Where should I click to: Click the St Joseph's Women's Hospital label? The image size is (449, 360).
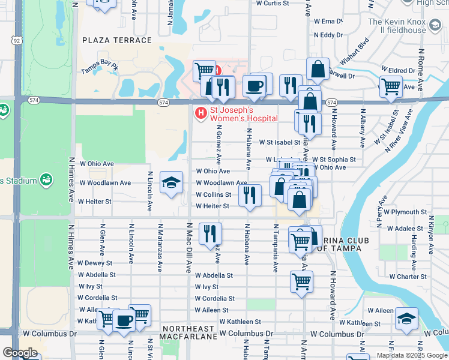(x=243, y=114)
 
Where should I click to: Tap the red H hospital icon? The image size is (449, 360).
(x=200, y=112)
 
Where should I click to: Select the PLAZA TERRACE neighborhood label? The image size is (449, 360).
(x=117, y=40)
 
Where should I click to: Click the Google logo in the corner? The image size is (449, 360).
(x=20, y=352)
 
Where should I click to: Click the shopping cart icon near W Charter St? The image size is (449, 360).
(x=301, y=280)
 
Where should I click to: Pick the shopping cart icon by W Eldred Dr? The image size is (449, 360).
(x=391, y=85)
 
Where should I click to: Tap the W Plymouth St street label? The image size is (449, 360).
(x=405, y=212)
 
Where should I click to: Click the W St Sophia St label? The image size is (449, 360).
(x=333, y=160)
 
